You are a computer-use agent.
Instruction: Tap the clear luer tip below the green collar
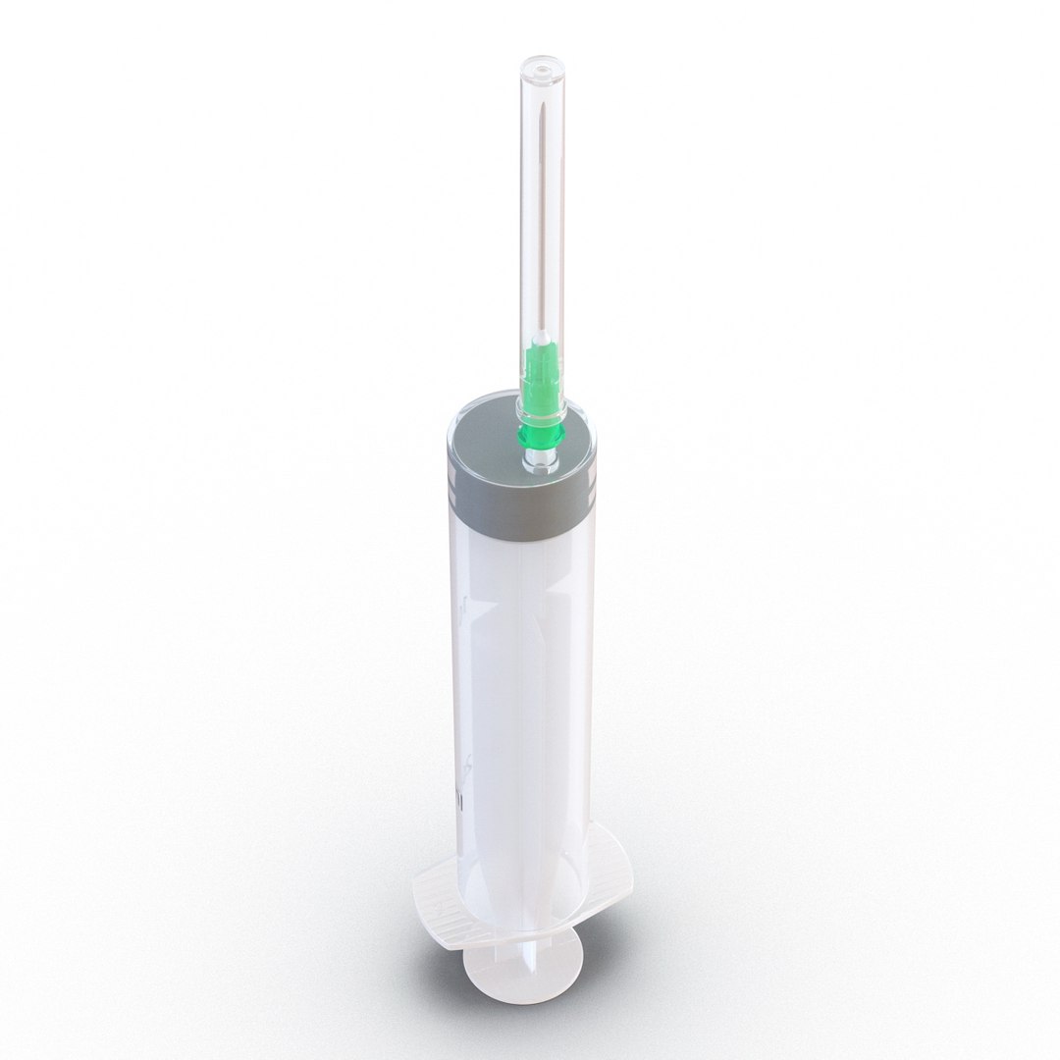coord(538,458)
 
